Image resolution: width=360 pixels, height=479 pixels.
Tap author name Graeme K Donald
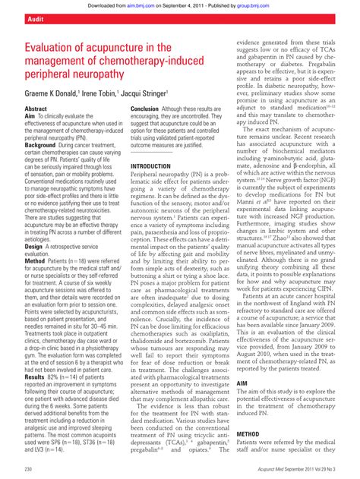[x=43, y=97]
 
